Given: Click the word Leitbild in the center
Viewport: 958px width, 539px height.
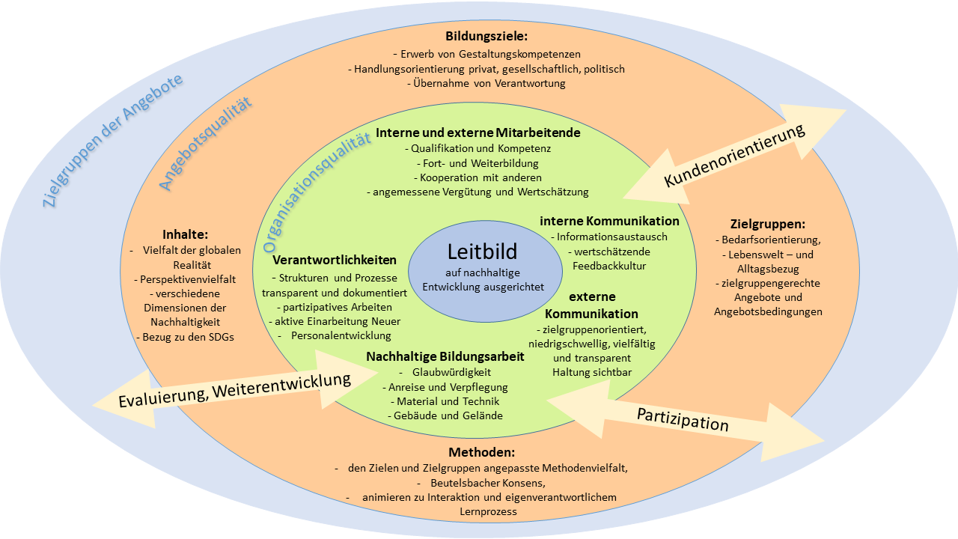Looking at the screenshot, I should click(483, 252).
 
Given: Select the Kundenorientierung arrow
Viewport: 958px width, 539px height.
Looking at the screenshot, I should click(734, 156).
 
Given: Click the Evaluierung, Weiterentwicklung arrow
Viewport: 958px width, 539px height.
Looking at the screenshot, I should click(234, 390).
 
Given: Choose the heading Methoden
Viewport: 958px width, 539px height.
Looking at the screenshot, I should click(482, 452).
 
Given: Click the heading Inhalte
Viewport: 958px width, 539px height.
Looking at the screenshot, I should click(185, 234).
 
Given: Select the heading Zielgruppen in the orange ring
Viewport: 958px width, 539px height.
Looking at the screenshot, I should click(767, 223).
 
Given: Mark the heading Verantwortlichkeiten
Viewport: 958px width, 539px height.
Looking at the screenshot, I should click(335, 261).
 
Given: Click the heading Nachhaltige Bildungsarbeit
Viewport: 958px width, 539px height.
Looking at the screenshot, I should click(445, 356).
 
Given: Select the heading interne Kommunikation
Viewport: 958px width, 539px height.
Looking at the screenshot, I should click(609, 221).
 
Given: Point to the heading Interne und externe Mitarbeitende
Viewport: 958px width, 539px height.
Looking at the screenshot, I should click(478, 133).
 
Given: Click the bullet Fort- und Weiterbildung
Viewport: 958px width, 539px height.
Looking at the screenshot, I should click(477, 162).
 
